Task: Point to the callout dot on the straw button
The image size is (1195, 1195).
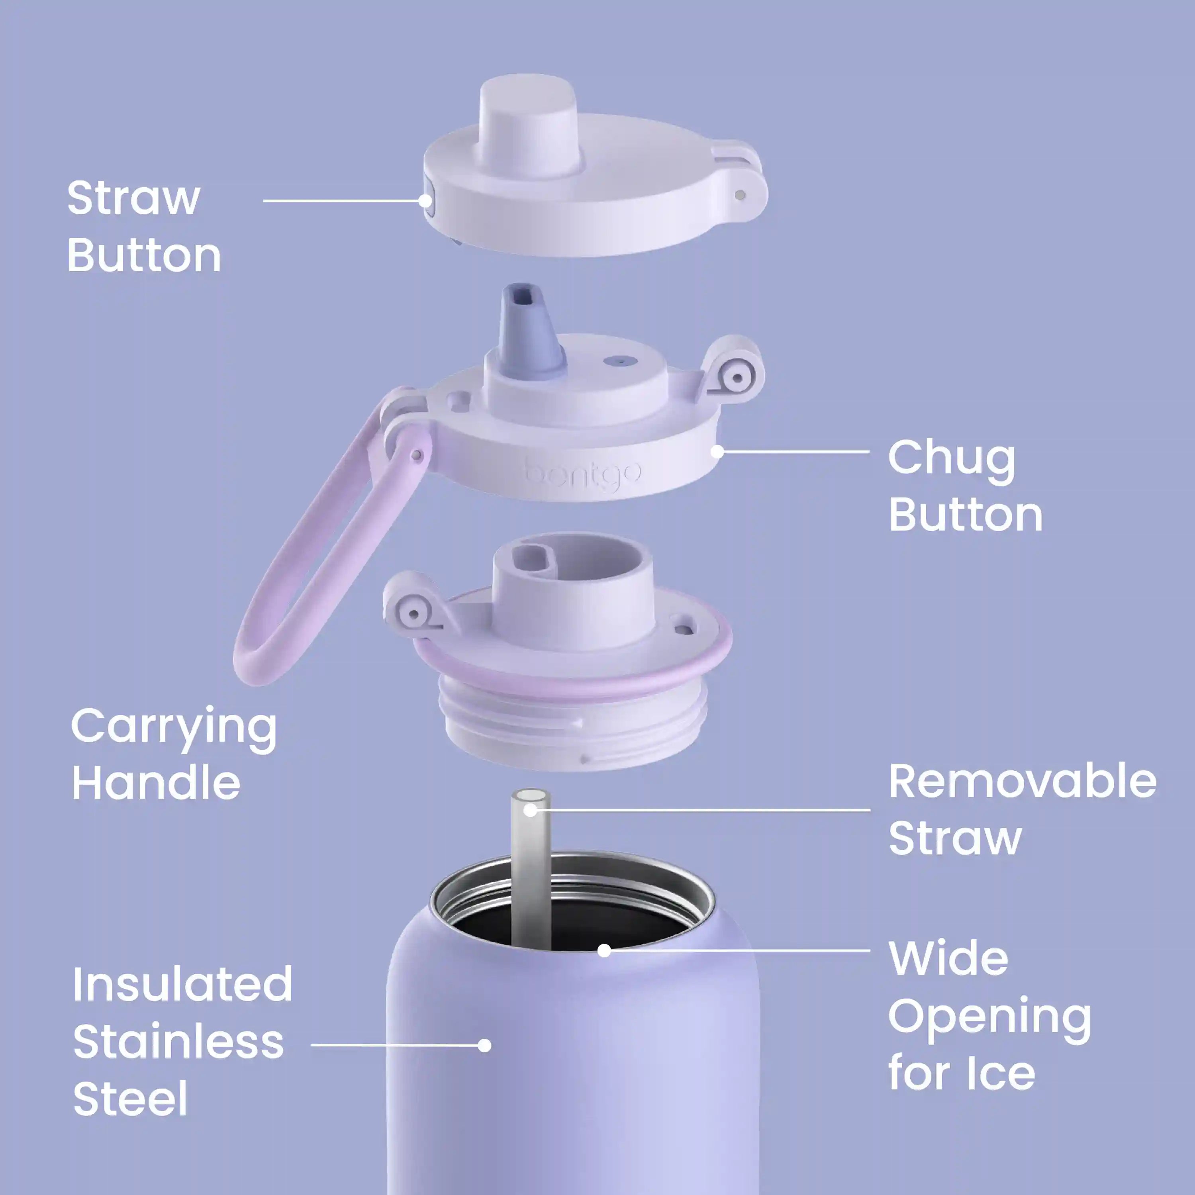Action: click(425, 200)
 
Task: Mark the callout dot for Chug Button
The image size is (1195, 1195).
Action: click(717, 452)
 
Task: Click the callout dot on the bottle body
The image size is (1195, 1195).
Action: click(485, 1045)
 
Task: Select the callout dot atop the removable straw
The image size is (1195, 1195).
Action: click(531, 810)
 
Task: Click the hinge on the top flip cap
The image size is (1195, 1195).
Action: click(739, 186)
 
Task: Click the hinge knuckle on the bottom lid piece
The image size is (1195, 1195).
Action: click(413, 603)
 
